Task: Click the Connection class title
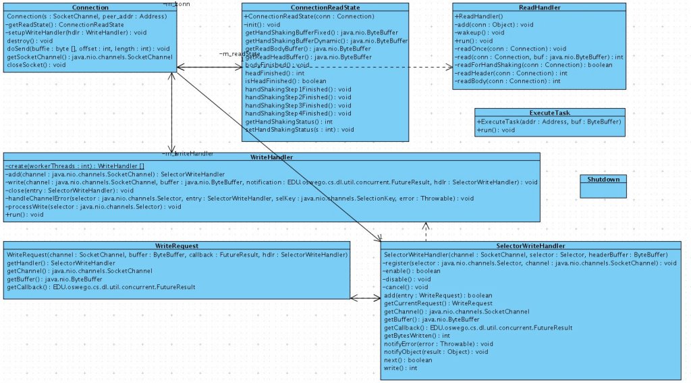(x=90, y=7)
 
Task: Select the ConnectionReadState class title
(x=325, y=7)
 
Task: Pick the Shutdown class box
(x=603, y=186)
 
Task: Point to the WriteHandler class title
(x=271, y=157)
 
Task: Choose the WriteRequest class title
(x=175, y=246)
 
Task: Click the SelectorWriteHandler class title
(x=535, y=246)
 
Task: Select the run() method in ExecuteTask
(x=496, y=130)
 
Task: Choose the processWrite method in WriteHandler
(x=94, y=206)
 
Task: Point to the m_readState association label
(x=240, y=54)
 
